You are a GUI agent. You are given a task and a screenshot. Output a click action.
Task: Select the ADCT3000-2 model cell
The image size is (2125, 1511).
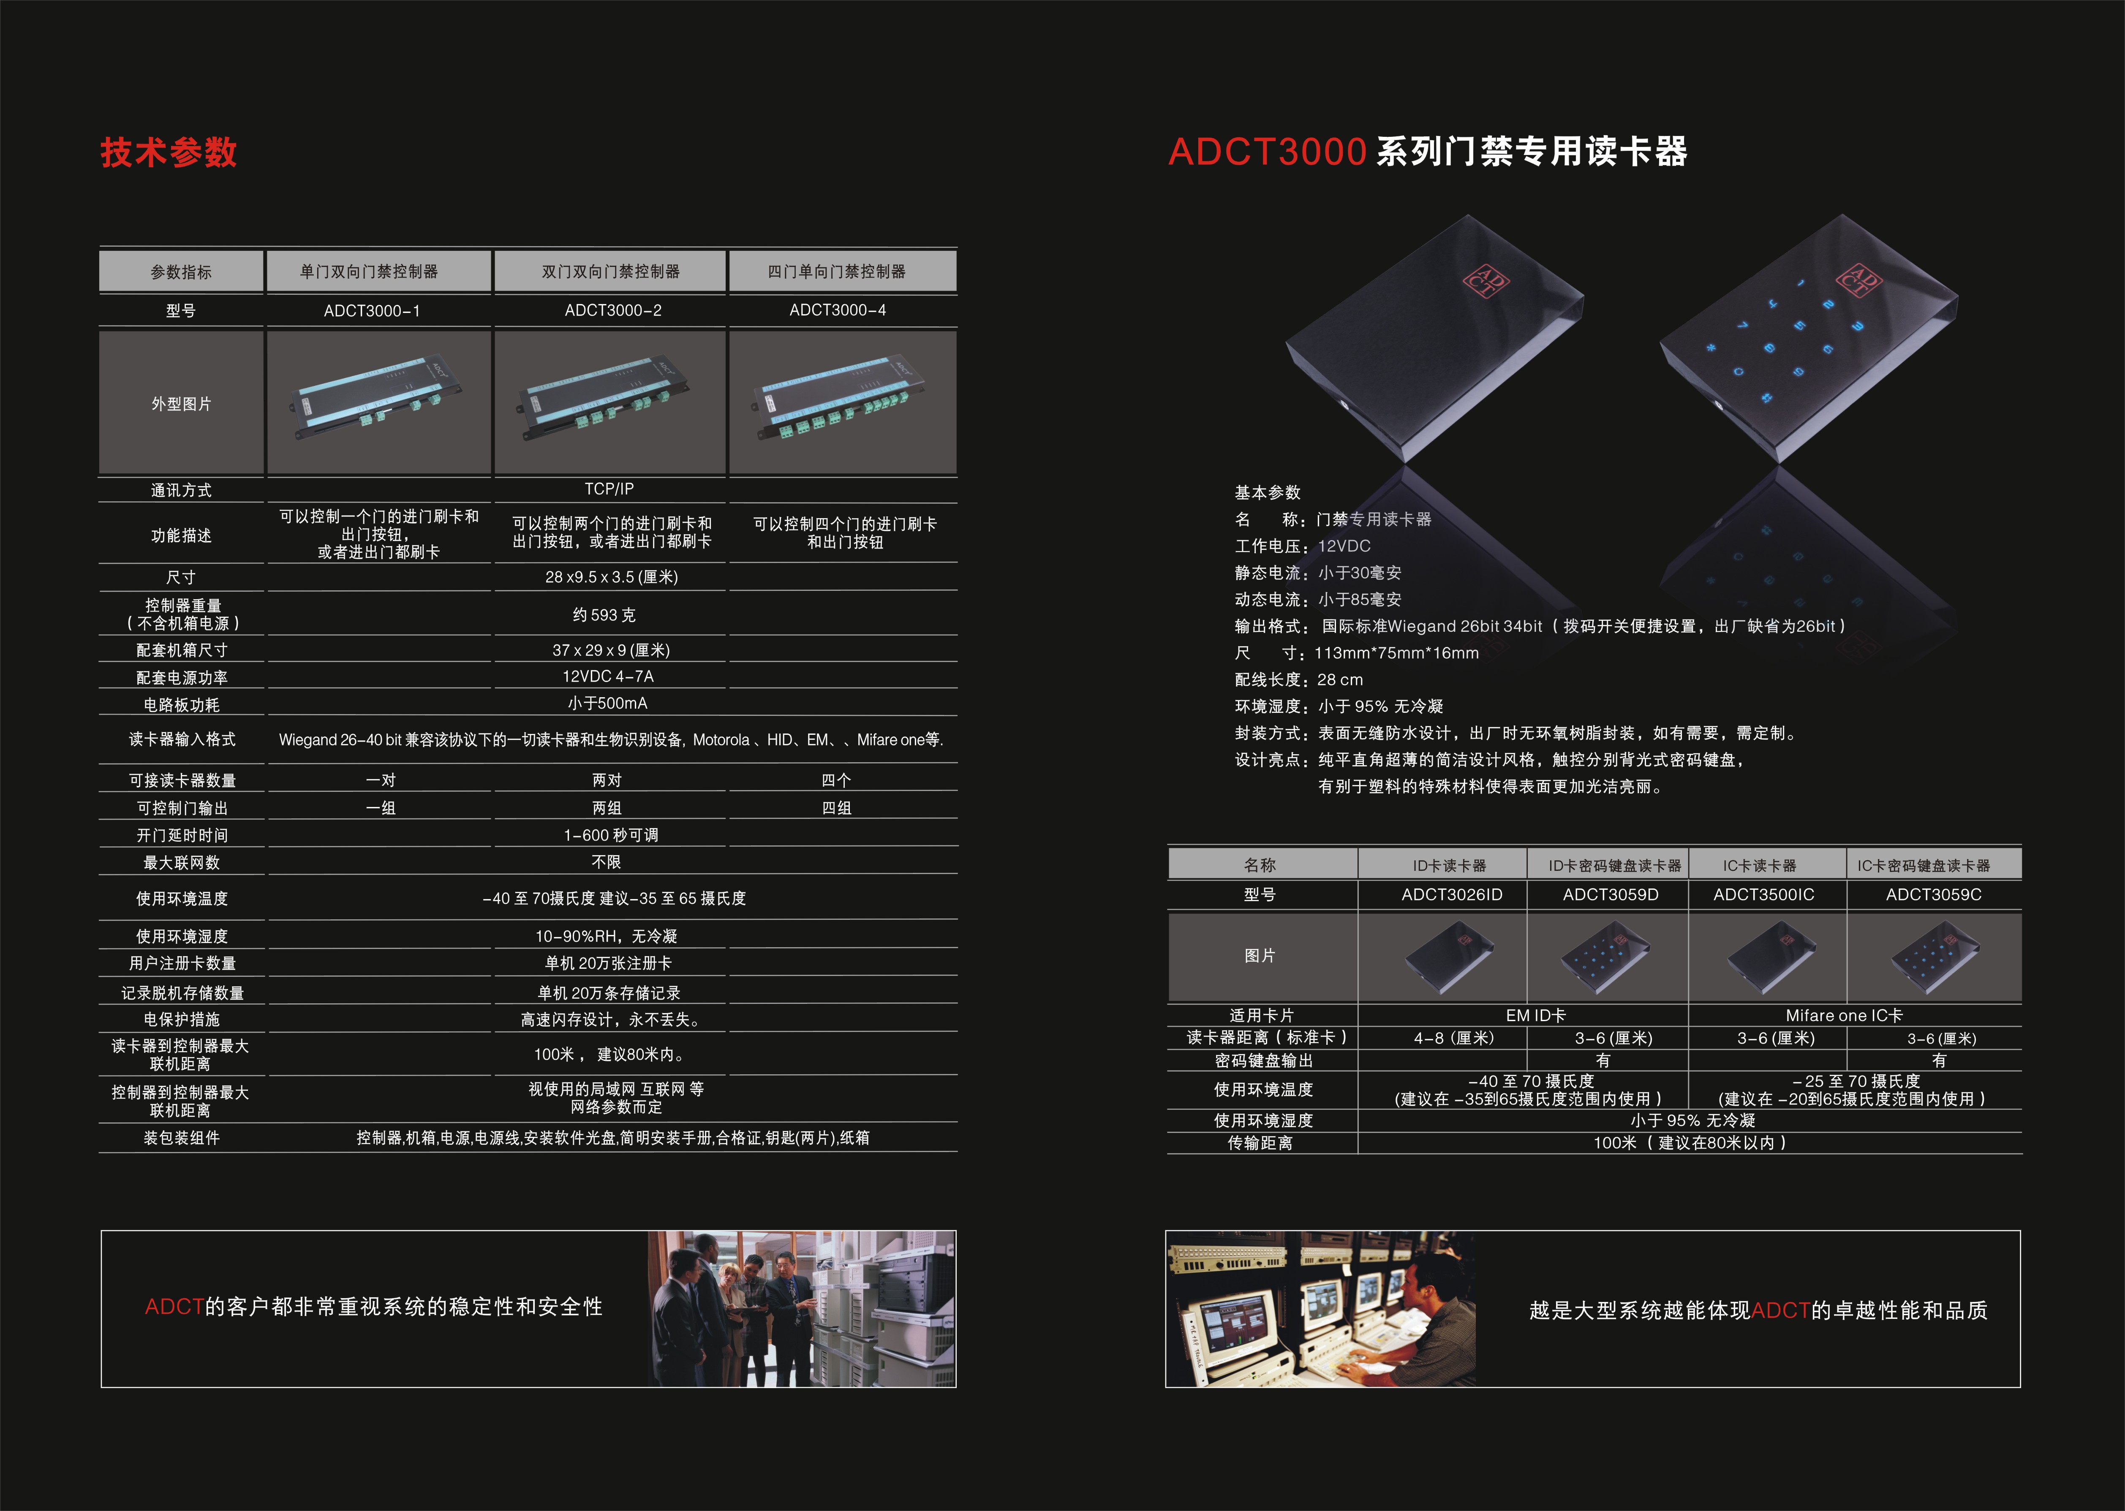(613, 311)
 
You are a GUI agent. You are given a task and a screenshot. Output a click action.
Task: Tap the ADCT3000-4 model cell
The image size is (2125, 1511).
(837, 311)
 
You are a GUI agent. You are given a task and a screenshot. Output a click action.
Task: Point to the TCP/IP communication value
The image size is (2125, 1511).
(609, 489)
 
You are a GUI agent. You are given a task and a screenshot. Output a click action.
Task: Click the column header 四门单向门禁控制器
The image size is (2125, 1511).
(836, 272)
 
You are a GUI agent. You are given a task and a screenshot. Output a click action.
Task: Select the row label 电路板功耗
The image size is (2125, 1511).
(182, 705)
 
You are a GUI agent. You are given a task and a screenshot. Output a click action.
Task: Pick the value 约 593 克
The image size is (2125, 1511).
(605, 615)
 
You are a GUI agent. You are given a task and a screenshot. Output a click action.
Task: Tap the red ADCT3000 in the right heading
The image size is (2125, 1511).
(1267, 152)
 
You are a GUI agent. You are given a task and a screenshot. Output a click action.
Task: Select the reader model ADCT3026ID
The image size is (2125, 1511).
(1451, 895)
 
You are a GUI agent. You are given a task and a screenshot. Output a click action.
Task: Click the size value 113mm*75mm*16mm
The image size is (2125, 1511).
(1396, 653)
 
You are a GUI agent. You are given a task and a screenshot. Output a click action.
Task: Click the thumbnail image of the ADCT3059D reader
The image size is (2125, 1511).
(1607, 957)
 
